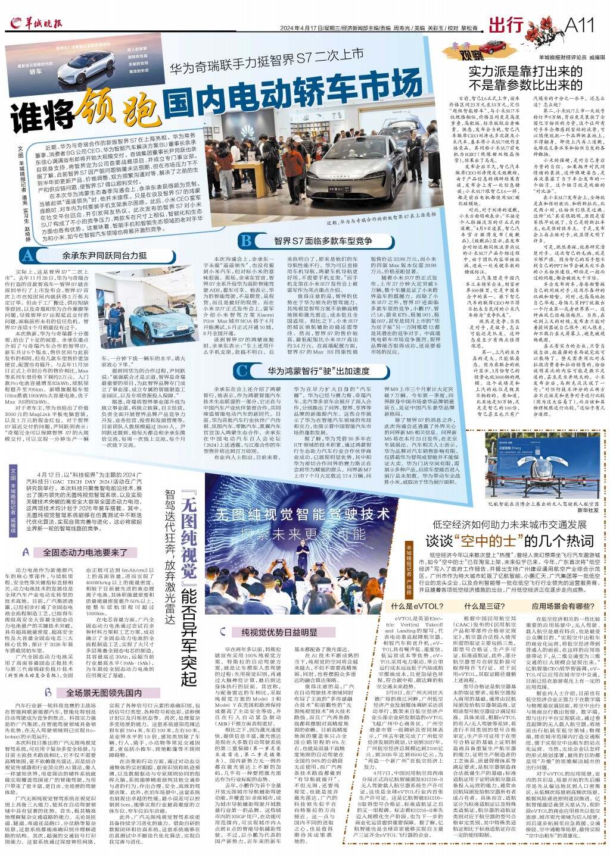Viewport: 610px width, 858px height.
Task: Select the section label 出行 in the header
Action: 506,24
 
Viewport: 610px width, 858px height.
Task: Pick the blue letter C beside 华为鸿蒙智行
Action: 241,370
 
